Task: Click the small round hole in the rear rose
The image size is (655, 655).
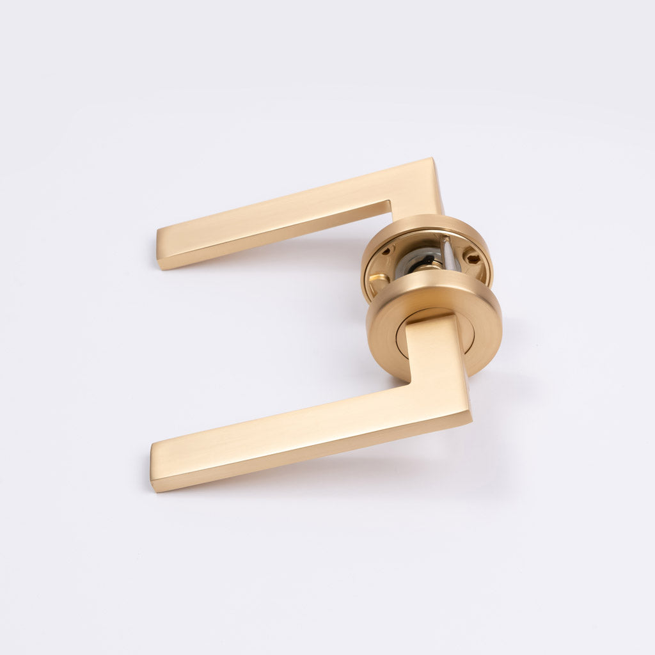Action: (386, 251)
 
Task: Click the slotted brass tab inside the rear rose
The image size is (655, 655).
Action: (378, 279)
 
